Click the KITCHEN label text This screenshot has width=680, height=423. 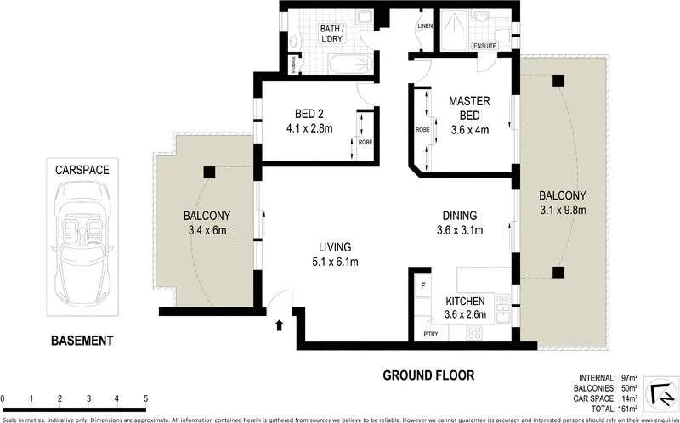point(465,301)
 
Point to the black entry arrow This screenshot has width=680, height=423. point(280,324)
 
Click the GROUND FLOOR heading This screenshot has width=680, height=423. point(428,375)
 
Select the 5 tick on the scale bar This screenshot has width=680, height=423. point(146,398)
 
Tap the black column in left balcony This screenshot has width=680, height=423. point(208,172)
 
